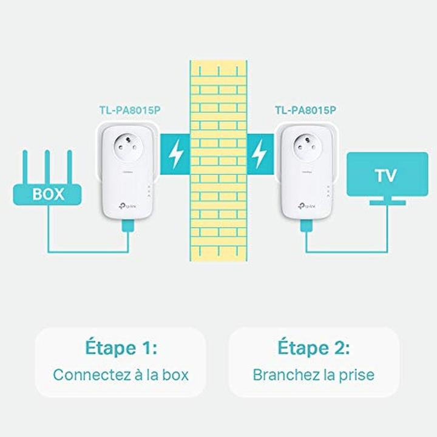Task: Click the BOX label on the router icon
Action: pyautogui.click(x=48, y=196)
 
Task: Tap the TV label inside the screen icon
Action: pyautogui.click(x=386, y=176)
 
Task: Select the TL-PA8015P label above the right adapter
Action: pyautogui.click(x=305, y=110)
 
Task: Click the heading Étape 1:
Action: pyautogui.click(x=120, y=348)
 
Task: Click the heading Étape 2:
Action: pyautogui.click(x=313, y=348)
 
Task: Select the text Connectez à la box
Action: pyautogui.click(x=120, y=374)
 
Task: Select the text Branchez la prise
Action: pyautogui.click(x=313, y=374)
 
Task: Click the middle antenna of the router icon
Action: pyautogui.click(x=48, y=167)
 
